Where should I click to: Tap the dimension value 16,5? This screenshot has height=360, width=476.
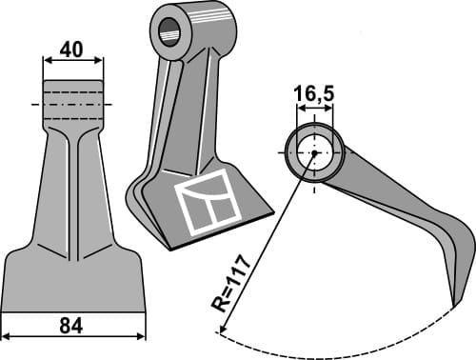click(312, 93)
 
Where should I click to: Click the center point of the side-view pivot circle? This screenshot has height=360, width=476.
click(312, 153)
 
